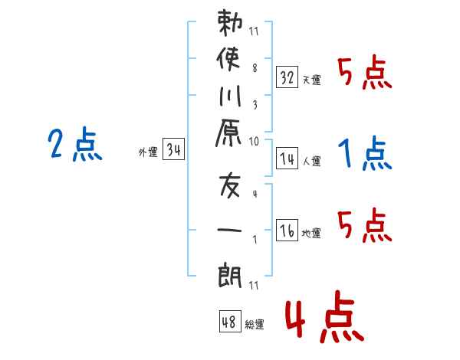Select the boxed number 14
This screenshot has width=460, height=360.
pos(287,159)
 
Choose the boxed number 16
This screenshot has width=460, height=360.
pos(287,231)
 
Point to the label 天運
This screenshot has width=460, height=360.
pos(311,80)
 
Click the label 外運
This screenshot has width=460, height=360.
pos(148,152)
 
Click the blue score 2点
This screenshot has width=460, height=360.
pos(75,145)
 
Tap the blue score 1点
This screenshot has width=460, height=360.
pos(364,155)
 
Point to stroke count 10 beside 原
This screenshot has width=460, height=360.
pos(254,141)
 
